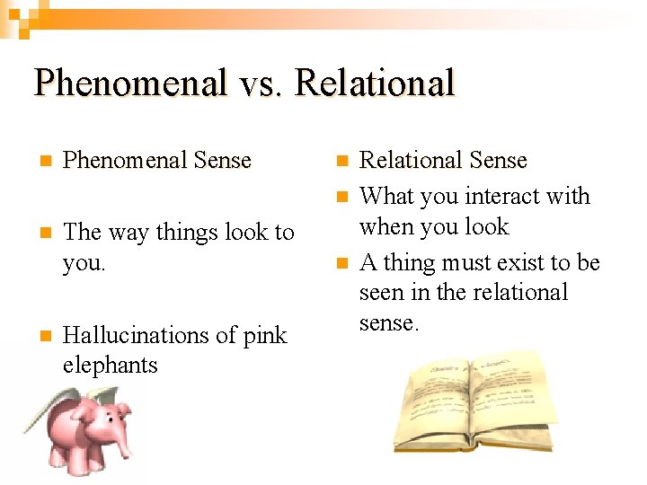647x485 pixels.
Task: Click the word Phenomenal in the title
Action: [130, 84]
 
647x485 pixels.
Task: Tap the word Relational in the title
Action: [375, 84]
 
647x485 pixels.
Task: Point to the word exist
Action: [523, 262]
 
